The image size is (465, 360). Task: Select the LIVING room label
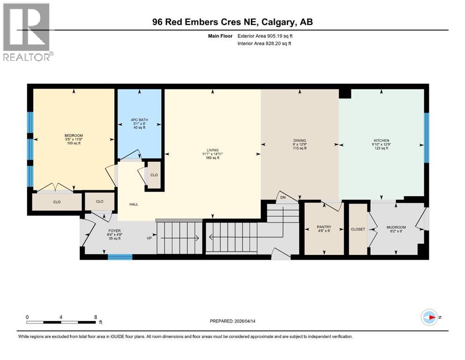(213, 150)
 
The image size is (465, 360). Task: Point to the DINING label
(300, 140)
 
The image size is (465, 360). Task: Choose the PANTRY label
(324, 227)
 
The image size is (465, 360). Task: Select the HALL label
(133, 204)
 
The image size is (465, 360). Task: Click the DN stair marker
(283, 197)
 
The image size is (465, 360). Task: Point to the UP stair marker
(149, 238)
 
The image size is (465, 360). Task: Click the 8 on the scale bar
(96, 317)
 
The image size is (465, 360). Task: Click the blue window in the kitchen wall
(426, 137)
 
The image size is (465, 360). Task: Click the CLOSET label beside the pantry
(358, 229)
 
